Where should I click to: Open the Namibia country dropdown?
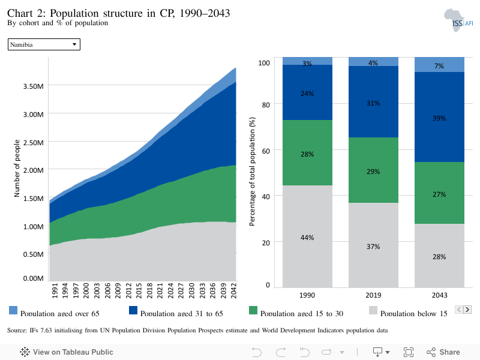point(44,44)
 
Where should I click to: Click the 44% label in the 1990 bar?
point(307,238)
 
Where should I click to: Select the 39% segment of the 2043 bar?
point(439,117)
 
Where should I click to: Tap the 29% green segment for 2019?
point(373,170)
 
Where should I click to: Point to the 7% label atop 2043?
point(439,66)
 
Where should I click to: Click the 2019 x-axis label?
point(373,295)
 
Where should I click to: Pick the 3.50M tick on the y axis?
point(34,86)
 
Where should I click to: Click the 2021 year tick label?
point(160,290)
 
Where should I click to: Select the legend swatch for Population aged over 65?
point(13,310)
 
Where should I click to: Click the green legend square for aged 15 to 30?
point(253,310)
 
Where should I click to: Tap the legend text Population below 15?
point(413,313)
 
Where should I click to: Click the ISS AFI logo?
point(458,20)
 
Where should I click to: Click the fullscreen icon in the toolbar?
point(409,352)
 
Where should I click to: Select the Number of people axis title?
point(17,169)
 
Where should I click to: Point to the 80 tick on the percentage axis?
point(266,105)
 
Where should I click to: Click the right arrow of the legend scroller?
point(467,310)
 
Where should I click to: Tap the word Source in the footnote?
point(17,331)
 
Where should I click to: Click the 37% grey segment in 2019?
point(373,245)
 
